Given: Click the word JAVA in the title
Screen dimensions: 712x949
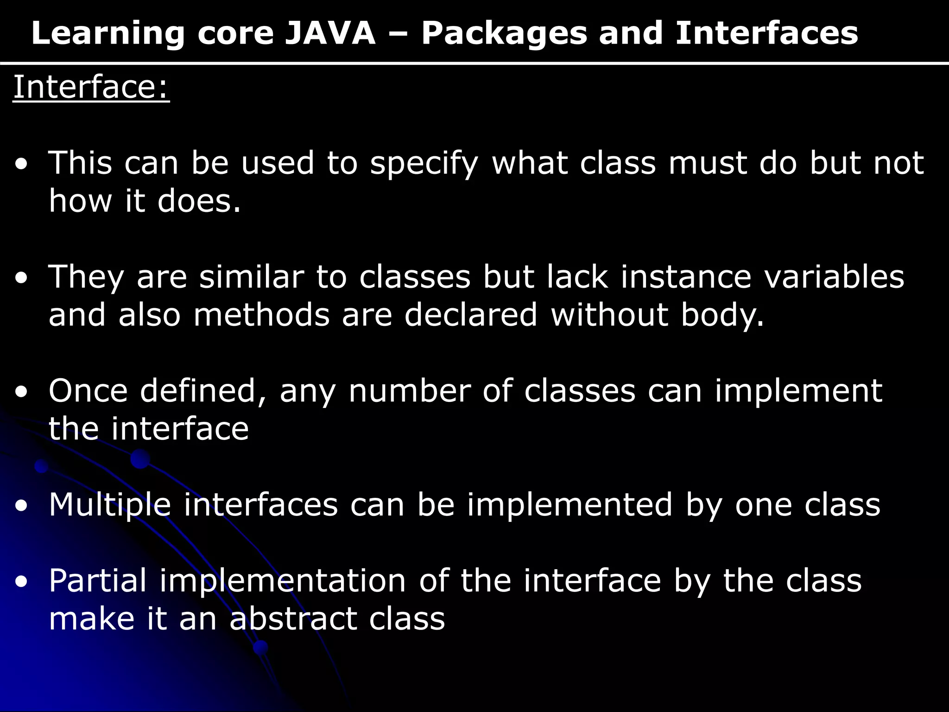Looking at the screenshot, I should (x=329, y=33).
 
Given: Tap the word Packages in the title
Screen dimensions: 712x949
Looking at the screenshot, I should (x=504, y=34).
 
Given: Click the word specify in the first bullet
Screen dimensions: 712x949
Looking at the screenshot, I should (x=424, y=164).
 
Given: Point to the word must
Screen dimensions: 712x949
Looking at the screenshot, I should (x=708, y=163).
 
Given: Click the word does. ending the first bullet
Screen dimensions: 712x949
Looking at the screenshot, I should (x=199, y=201).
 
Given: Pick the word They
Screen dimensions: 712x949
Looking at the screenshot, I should (x=86, y=277).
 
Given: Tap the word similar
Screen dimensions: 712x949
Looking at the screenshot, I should (x=251, y=277).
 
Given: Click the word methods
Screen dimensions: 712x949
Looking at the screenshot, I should (x=261, y=315).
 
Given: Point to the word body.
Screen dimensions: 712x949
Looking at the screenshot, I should (x=722, y=315).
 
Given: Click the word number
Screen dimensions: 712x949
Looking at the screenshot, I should (x=410, y=391).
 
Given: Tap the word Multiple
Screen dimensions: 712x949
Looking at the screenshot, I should (x=110, y=505).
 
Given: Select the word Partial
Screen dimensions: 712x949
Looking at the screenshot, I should (x=98, y=580).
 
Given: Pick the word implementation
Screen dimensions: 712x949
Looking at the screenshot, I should (x=283, y=581).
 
